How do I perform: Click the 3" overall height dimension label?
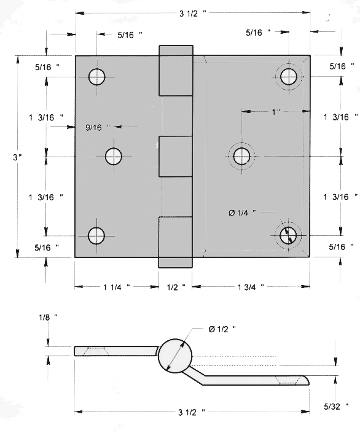[x=17, y=157]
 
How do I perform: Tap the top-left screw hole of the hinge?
[x=96, y=77]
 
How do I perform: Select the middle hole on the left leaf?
[x=114, y=156]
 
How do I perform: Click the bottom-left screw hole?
[x=96, y=236]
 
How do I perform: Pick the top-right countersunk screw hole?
[x=289, y=77]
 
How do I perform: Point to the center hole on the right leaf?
[x=242, y=156]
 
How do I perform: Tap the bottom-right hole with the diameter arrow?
[x=288, y=236]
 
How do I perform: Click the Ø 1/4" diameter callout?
[x=242, y=213]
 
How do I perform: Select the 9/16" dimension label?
[x=98, y=127]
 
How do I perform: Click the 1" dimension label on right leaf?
[x=275, y=112]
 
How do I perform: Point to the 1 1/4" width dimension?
[x=116, y=287]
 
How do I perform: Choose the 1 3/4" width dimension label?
[x=251, y=287]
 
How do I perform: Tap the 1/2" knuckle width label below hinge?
[x=176, y=287]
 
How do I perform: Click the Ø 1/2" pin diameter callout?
[x=222, y=329]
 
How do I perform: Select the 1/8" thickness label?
[x=48, y=318]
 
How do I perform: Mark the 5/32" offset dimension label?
[x=336, y=407]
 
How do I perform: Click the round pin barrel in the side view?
[x=175, y=356]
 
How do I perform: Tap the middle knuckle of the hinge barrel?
[x=176, y=156]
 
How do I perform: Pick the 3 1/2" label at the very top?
[x=192, y=14]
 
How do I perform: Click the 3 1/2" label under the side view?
[x=192, y=413]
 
